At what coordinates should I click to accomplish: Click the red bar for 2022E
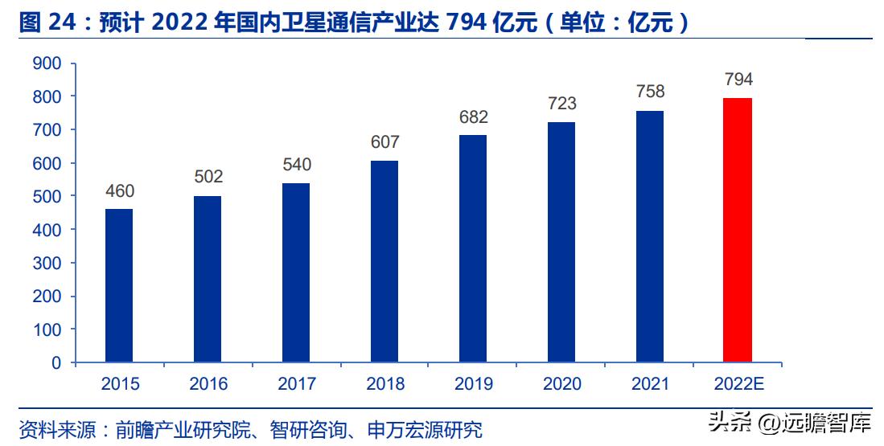pos(738,230)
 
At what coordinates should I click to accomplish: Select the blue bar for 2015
pos(119,285)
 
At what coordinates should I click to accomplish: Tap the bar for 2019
pos(473,248)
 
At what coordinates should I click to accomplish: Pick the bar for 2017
pos(296,272)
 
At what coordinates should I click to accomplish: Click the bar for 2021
pos(650,236)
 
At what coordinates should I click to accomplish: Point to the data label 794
pos(738,80)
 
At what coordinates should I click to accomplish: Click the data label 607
pos(384,142)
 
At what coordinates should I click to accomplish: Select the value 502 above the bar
pos(208,177)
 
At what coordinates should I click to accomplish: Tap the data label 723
pos(561,104)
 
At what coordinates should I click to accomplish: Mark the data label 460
pos(119,191)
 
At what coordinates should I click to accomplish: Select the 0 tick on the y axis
pos(56,362)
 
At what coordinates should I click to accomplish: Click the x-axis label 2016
pos(208,384)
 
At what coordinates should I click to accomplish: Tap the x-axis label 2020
pos(562,384)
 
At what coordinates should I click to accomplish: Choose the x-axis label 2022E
pos(738,384)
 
